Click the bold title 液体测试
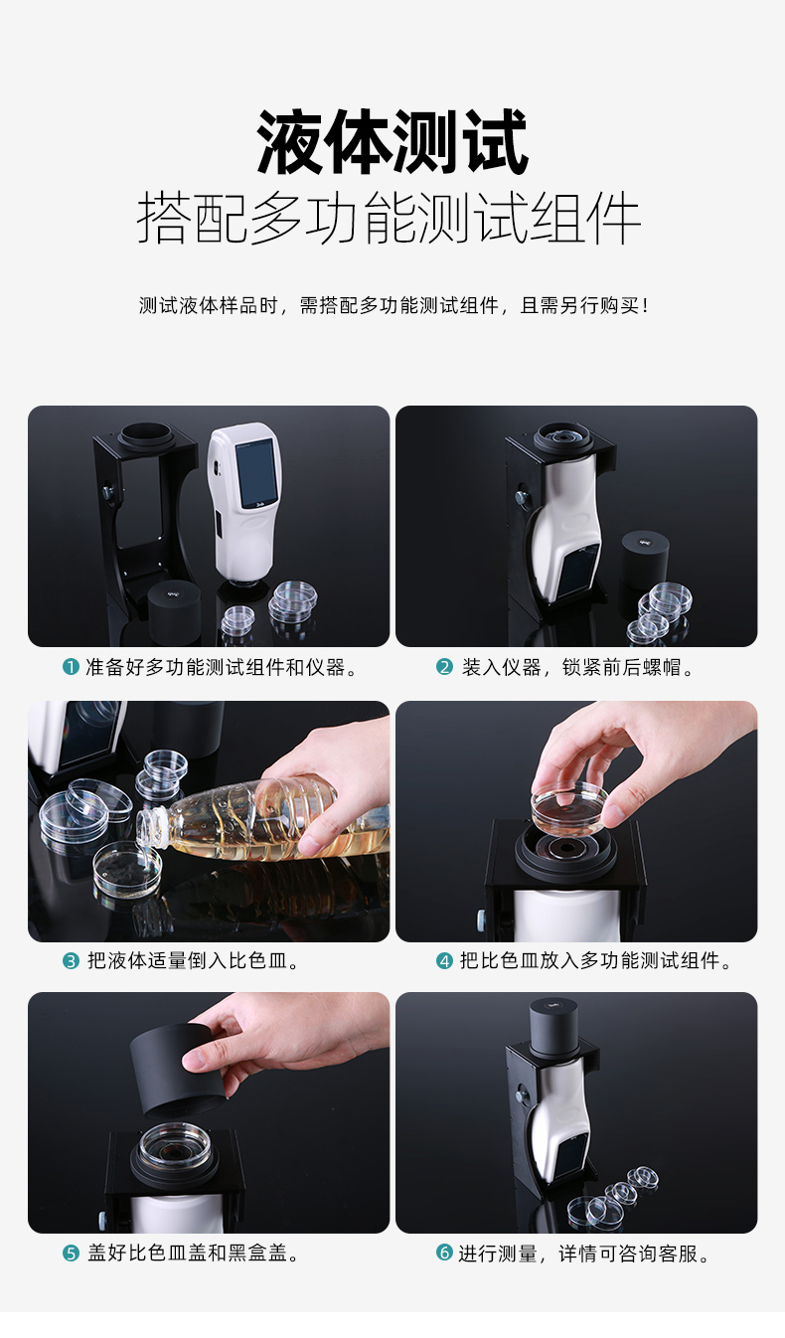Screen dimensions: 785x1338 (x=392, y=142)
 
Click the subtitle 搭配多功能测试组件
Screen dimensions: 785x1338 (x=390, y=218)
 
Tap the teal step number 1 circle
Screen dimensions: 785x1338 (x=71, y=667)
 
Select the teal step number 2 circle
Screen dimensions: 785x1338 (x=445, y=667)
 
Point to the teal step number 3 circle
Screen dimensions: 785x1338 (x=71, y=961)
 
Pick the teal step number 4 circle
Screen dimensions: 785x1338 (x=445, y=961)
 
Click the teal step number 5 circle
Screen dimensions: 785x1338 (x=71, y=1254)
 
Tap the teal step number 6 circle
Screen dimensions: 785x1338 (x=445, y=1252)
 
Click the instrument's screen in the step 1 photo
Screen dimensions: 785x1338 (x=255, y=472)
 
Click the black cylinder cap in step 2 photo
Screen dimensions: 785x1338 (x=644, y=562)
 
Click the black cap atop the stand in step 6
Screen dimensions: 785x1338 (x=554, y=1028)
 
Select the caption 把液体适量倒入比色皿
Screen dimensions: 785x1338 (x=193, y=961)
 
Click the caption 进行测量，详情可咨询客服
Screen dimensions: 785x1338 (x=584, y=1254)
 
